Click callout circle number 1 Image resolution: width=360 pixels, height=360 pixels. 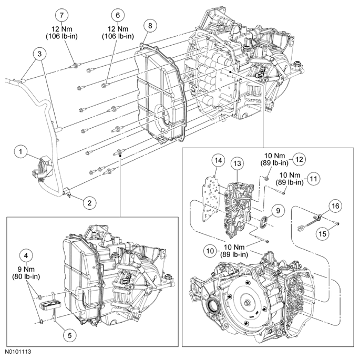point(20,152)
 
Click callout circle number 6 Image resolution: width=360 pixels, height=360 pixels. point(117,15)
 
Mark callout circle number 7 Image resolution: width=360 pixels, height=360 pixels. point(63,15)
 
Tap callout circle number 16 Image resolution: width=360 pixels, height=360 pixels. point(334,204)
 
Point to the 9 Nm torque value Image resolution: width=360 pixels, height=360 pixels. point(24,268)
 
